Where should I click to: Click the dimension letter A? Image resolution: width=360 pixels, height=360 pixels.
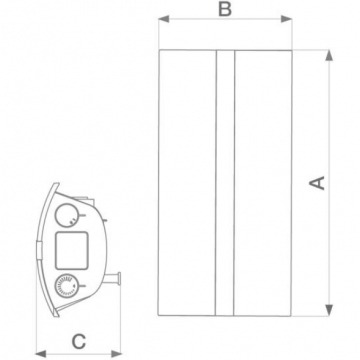click(317, 183)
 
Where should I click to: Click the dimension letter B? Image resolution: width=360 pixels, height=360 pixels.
click(225, 9)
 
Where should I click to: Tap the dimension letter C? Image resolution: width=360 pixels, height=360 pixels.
click(79, 342)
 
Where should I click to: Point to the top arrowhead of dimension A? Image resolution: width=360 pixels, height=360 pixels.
click(329, 55)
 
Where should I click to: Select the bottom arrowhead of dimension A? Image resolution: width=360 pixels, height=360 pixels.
click(329, 310)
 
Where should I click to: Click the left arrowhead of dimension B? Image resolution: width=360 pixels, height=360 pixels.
click(164, 19)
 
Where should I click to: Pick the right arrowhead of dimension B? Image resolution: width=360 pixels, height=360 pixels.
click(286, 19)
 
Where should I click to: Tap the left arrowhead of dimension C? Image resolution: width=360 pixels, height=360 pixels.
click(41, 354)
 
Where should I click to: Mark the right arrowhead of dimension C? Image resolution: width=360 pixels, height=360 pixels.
click(116, 354)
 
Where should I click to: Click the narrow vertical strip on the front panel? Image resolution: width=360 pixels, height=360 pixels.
click(225, 183)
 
